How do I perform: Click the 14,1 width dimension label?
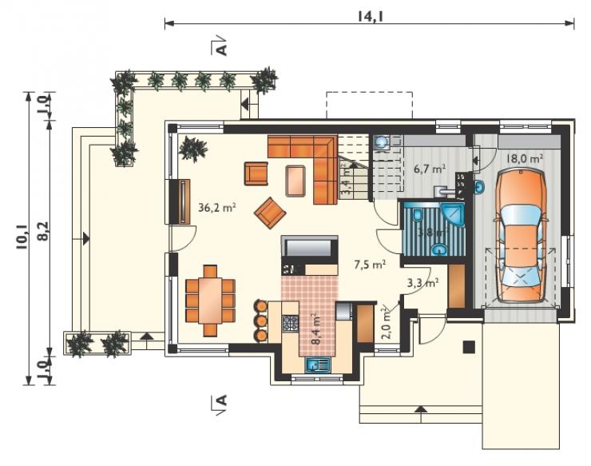pos(371,16)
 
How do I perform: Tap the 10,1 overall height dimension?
pos(22,237)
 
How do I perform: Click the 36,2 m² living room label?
pos(216,208)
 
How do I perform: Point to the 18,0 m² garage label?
pos(524,158)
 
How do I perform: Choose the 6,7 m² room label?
pos(430,169)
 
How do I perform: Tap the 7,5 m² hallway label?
pos(369,265)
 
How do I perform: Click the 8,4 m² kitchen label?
pos(315,329)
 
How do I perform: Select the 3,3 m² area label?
pos(423,282)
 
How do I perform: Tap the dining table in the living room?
pos(210,301)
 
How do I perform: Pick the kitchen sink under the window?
pos(318,364)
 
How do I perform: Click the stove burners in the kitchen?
pos(290,324)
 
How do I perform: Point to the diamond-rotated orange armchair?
pos(270,213)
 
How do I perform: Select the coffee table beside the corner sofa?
pos(295,181)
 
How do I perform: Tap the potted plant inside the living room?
pos(193,149)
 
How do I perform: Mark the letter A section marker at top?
pos(222,49)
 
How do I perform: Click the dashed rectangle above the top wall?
pos(369,106)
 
